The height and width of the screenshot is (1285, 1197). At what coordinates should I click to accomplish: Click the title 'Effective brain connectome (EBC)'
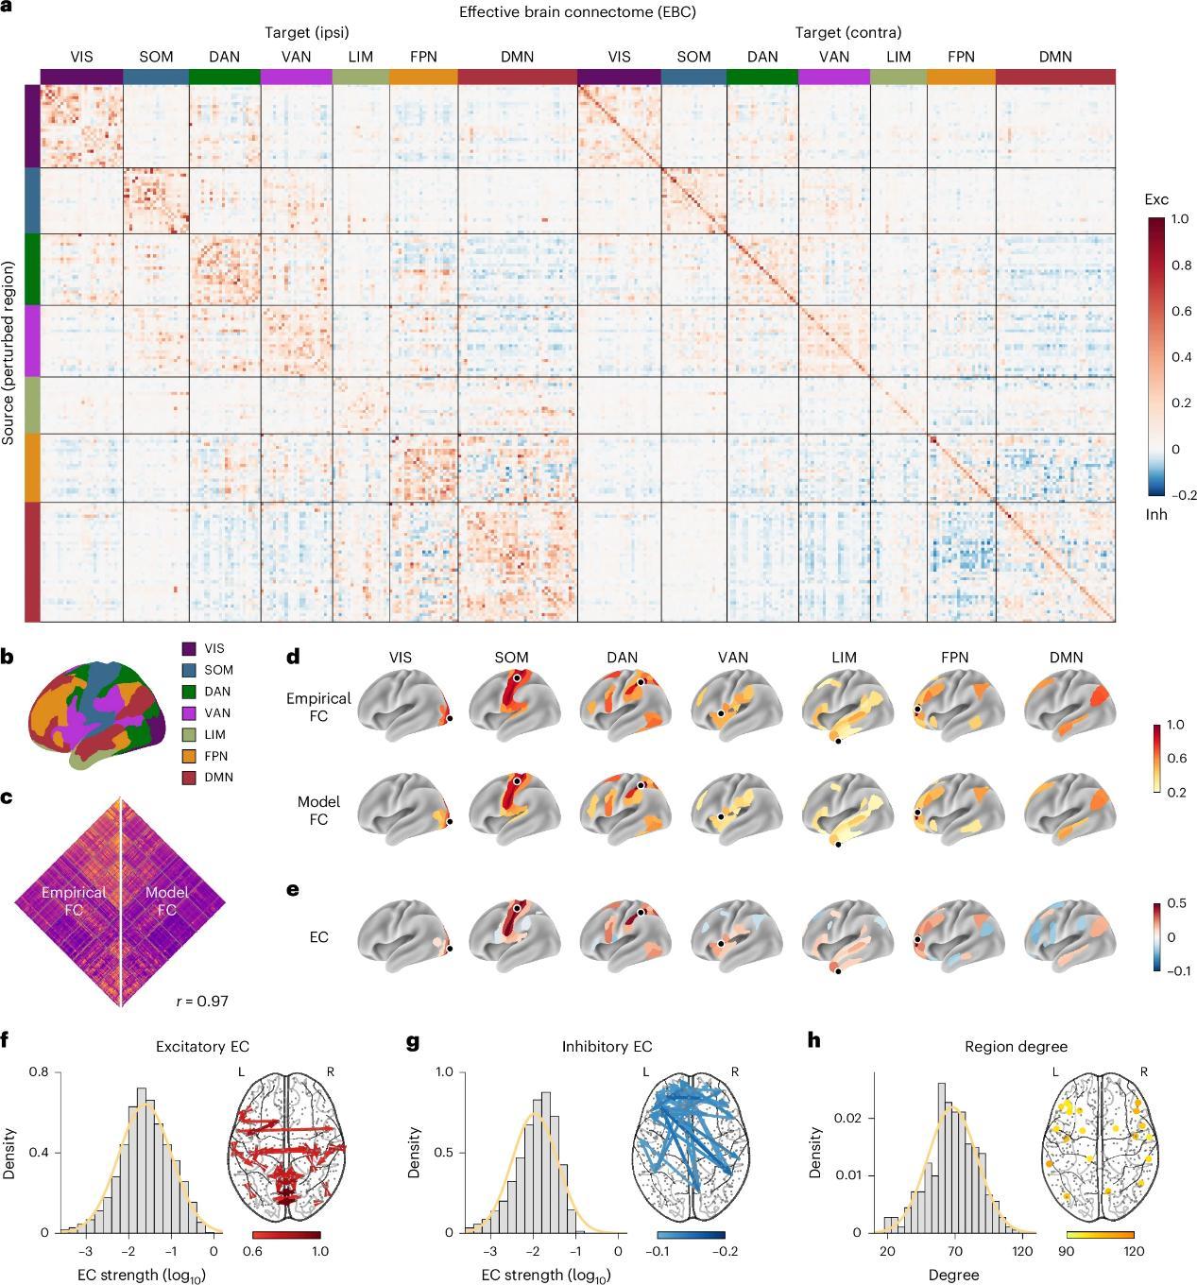pyautogui.click(x=577, y=12)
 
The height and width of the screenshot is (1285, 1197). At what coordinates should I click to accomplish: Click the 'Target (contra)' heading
pyautogui.click(x=847, y=33)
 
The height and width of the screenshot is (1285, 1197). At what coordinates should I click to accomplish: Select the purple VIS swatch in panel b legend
pyautogui.click(x=189, y=649)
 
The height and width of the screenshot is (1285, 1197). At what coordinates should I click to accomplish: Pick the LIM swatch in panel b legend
pyautogui.click(x=189, y=734)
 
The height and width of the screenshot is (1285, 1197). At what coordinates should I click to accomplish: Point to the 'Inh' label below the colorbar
pyautogui.click(x=1156, y=515)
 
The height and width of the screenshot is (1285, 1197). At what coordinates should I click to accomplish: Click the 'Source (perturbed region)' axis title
pyautogui.click(x=9, y=353)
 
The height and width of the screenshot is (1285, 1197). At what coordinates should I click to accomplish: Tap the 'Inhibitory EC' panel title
pyautogui.click(x=607, y=1046)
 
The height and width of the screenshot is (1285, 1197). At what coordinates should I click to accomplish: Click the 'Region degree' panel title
pyautogui.click(x=1016, y=1046)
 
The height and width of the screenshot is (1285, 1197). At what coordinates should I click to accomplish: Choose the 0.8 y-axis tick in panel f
pyautogui.click(x=39, y=1072)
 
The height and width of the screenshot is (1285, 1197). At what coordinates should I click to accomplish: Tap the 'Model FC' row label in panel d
pyautogui.click(x=318, y=811)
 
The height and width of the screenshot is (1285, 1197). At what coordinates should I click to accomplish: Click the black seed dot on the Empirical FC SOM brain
pyautogui.click(x=517, y=678)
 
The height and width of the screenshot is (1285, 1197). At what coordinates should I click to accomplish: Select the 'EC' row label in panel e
pyautogui.click(x=318, y=937)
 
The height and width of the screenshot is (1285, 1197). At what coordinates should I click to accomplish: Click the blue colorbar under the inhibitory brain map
pyautogui.click(x=691, y=1235)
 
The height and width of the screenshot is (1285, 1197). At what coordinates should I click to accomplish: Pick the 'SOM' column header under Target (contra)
pyautogui.click(x=693, y=57)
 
